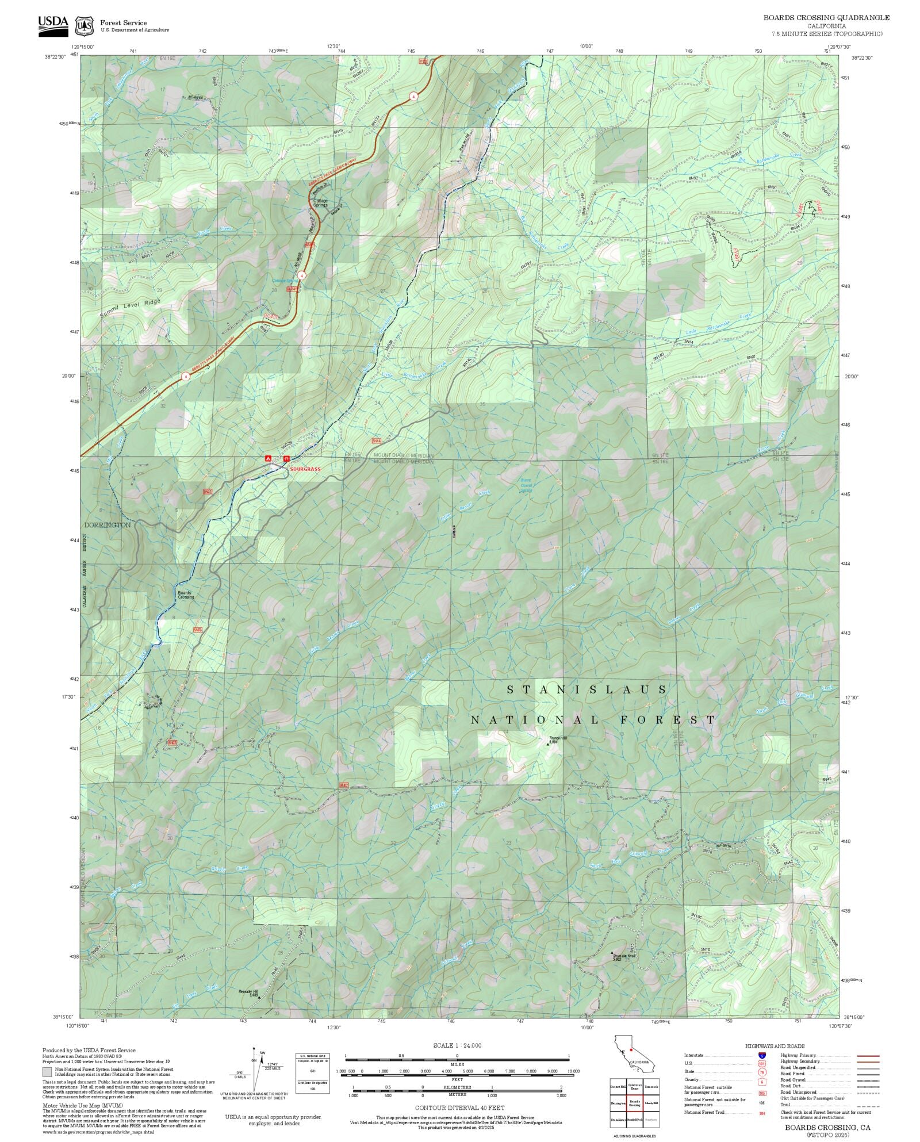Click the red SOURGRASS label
coord(305,469)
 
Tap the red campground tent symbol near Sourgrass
coord(267,458)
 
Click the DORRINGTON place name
coord(108,525)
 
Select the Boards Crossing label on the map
coord(185,595)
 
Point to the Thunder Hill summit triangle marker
coord(547,744)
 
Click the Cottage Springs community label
coord(320,202)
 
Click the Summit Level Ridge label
coord(130,309)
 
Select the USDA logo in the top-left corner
coord(53,25)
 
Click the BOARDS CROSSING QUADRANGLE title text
coord(826,18)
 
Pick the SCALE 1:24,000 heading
coord(457,1045)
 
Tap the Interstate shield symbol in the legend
coord(762,1056)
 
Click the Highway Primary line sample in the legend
coord(868,1056)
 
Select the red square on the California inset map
coord(631,1049)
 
